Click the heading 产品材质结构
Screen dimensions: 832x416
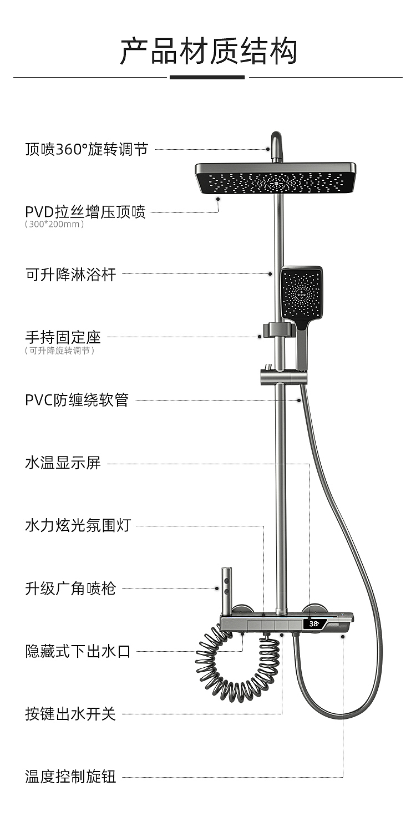click(x=208, y=51)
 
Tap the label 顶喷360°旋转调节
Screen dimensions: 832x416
click(x=87, y=149)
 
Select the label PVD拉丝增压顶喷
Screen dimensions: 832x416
click(x=85, y=212)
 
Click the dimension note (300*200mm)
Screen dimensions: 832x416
click(x=54, y=225)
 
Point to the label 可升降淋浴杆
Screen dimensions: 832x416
click(x=71, y=274)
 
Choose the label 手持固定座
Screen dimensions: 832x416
click(x=63, y=337)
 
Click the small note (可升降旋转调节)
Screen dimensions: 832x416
click(x=59, y=351)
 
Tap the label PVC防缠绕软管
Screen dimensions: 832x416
click(x=77, y=400)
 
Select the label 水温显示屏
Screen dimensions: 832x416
click(x=63, y=463)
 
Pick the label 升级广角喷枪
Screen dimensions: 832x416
click(x=70, y=589)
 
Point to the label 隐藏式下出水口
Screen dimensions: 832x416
click(x=78, y=651)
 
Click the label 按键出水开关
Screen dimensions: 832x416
click(x=70, y=714)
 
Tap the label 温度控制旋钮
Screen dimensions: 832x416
click(x=70, y=777)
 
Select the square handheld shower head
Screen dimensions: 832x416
click(x=301, y=294)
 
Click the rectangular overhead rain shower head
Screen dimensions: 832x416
click(x=276, y=179)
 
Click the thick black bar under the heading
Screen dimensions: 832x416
click(x=207, y=77)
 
